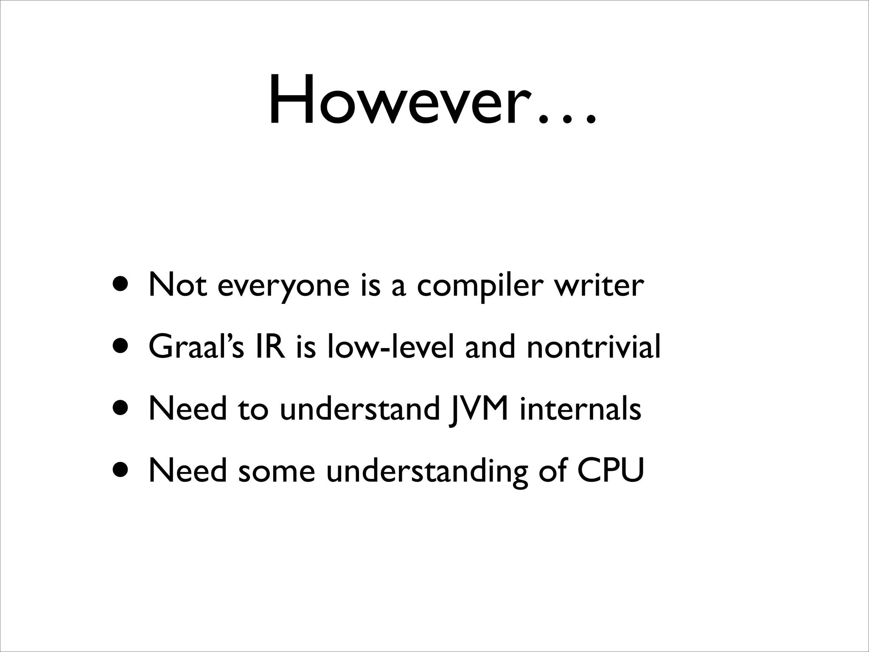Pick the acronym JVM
(x=479, y=409)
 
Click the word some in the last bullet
(x=276, y=471)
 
